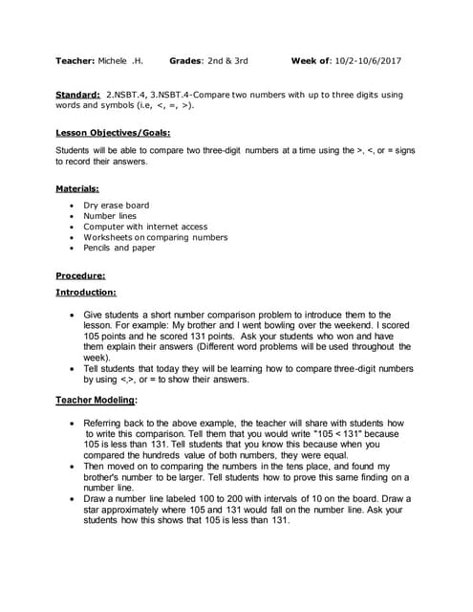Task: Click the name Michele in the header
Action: click(115, 61)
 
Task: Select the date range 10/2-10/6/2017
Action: click(369, 61)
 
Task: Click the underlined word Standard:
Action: click(79, 95)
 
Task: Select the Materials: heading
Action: click(79, 188)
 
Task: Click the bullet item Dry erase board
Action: click(117, 206)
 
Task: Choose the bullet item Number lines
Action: click(111, 216)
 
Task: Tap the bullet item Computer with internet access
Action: click(145, 227)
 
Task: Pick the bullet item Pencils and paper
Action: click(120, 248)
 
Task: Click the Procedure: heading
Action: click(80, 275)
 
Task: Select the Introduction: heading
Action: click(86, 292)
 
